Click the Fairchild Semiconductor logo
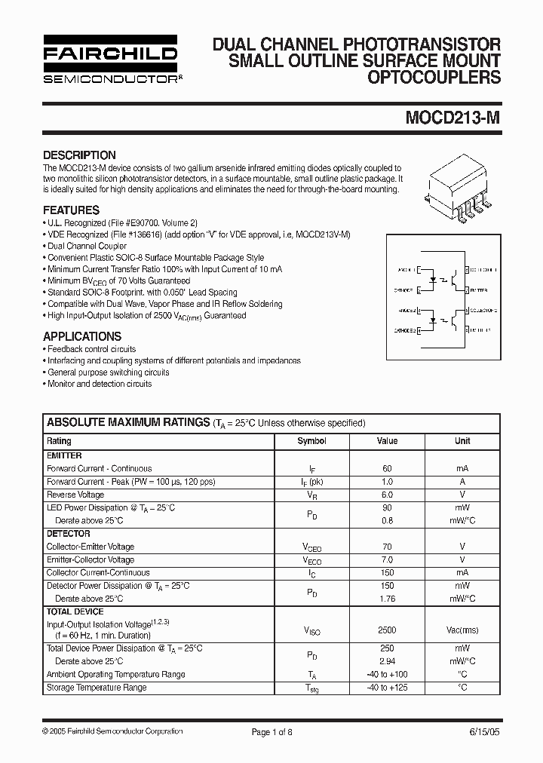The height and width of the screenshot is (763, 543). pos(110,60)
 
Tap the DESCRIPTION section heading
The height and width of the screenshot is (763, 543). pos(79,155)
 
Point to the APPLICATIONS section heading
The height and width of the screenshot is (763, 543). pos(82,336)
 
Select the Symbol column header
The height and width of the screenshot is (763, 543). pos(311,441)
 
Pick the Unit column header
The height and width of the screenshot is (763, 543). pos(462,441)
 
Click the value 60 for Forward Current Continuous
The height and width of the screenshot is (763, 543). pos(387,468)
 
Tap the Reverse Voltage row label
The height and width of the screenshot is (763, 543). pos(75,495)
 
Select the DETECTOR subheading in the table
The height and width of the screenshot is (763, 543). pos(69,534)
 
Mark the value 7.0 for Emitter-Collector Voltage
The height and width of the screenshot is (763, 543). pos(387,560)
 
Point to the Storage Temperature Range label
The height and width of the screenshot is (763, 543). pos(97,688)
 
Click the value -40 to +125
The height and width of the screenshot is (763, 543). pos(387,688)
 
